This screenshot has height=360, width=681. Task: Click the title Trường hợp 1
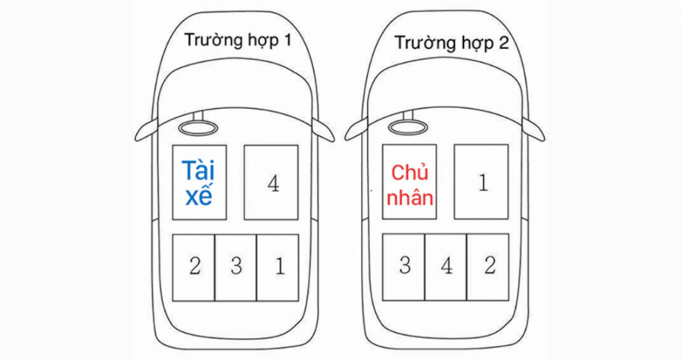[x=238, y=41]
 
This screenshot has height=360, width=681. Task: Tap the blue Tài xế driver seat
[x=199, y=182]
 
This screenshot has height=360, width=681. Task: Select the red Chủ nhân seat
[x=409, y=182]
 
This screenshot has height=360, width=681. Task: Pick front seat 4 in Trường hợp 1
[x=271, y=182]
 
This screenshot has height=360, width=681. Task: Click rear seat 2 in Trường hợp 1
[x=194, y=268]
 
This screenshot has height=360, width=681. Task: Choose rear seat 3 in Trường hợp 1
[x=236, y=268]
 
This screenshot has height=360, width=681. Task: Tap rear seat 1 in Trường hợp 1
[x=278, y=268]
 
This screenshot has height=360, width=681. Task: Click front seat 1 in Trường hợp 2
[x=481, y=182]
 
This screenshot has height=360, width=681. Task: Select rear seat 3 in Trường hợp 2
[x=403, y=267]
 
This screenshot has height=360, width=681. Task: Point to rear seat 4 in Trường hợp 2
[x=446, y=267]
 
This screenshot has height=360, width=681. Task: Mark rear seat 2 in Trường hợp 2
[x=488, y=267]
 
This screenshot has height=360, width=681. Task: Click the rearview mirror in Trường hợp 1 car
[x=197, y=127]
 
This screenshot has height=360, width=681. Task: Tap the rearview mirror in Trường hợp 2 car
[x=408, y=127]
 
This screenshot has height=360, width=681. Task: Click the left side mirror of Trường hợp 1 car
[x=145, y=130]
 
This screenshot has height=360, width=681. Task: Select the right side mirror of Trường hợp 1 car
[x=324, y=130]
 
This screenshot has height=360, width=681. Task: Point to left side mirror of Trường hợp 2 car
[x=356, y=130]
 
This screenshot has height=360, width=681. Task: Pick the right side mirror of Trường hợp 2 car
[x=533, y=130]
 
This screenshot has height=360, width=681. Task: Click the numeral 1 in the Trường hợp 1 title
[x=286, y=40]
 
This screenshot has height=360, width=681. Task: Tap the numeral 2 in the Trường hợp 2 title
[x=503, y=43]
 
